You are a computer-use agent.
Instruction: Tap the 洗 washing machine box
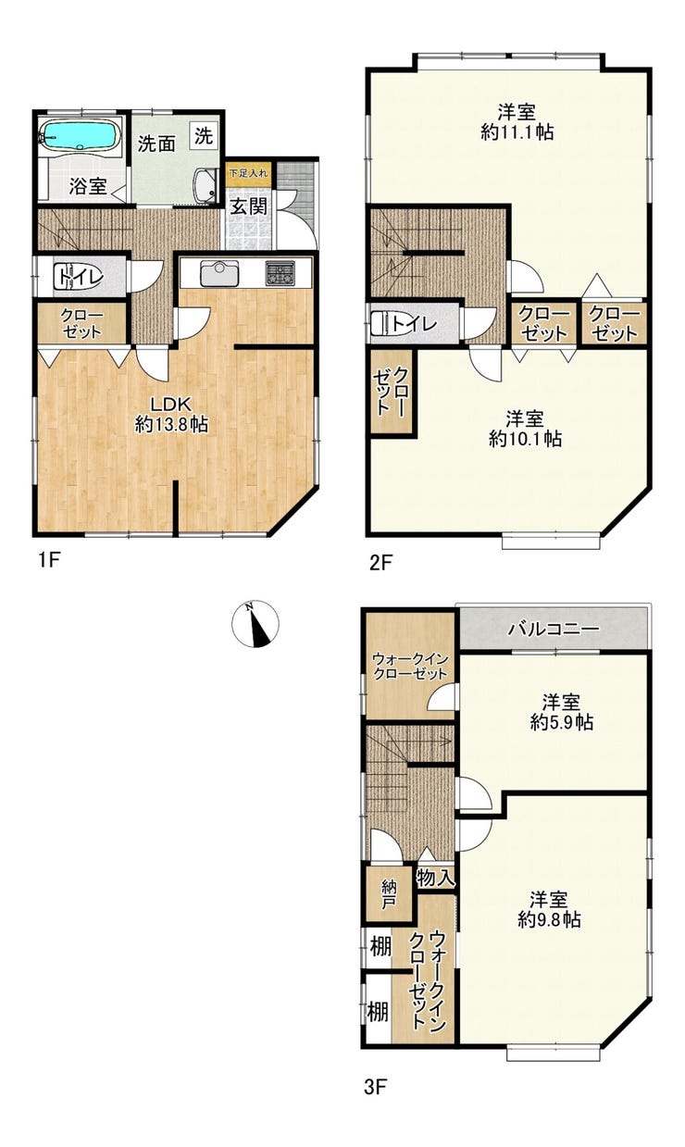tap(204, 136)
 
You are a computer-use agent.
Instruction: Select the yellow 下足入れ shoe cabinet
tap(248, 173)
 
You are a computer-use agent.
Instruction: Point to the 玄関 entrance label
tap(248, 206)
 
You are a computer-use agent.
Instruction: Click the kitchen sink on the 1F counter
tap(219, 274)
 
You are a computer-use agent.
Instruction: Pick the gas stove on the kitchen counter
tap(280, 273)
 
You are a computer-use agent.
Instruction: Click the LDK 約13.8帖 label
tap(171, 414)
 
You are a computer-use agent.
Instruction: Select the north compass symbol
tap(255, 623)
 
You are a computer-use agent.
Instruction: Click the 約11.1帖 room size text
tap(517, 132)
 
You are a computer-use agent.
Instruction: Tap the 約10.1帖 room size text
tap(525, 439)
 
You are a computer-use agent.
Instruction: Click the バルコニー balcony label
tap(554, 629)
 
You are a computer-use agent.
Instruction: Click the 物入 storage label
tap(436, 879)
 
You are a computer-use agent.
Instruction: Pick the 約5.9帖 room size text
tap(562, 722)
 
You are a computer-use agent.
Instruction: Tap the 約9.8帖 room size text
tap(549, 919)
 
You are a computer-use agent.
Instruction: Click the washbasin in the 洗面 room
tap(205, 185)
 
